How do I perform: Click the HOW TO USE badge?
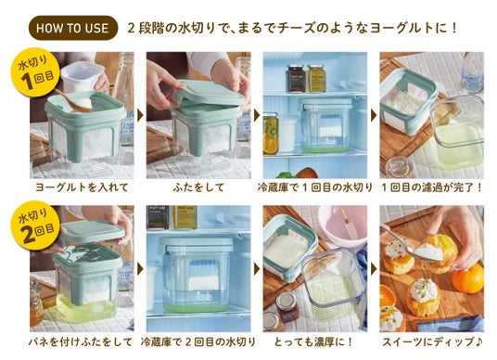click(73, 28)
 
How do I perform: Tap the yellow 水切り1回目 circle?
click(35, 72)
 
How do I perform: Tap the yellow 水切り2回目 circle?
click(35, 225)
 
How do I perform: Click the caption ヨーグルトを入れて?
click(82, 187)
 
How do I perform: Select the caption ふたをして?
click(198, 187)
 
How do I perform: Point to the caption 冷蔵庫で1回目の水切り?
click(314, 187)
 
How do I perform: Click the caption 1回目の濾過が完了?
click(432, 187)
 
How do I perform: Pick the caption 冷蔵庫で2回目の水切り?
click(198, 342)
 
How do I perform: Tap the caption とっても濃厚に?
click(313, 342)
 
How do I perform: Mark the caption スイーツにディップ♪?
click(432, 342)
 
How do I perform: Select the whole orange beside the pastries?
click(468, 278)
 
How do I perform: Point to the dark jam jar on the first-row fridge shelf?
click(296, 78)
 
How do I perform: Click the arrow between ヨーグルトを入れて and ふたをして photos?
click(140, 115)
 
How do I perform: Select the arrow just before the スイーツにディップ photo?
click(374, 269)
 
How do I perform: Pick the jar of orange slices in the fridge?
click(271, 134)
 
